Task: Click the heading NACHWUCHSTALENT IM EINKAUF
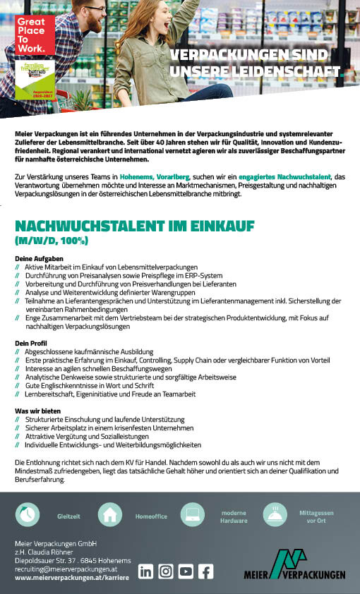tap(135, 226)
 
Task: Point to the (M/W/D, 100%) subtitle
tap(51, 241)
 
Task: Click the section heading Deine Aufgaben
tap(34, 259)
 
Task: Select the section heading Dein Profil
tap(30, 342)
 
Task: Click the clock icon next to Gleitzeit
tap(28, 515)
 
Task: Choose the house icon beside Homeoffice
tap(111, 516)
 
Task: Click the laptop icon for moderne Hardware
tap(193, 515)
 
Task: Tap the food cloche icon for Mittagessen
tap(275, 515)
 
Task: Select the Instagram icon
tap(166, 571)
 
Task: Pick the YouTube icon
tap(186, 571)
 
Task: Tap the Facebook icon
tap(205, 571)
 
